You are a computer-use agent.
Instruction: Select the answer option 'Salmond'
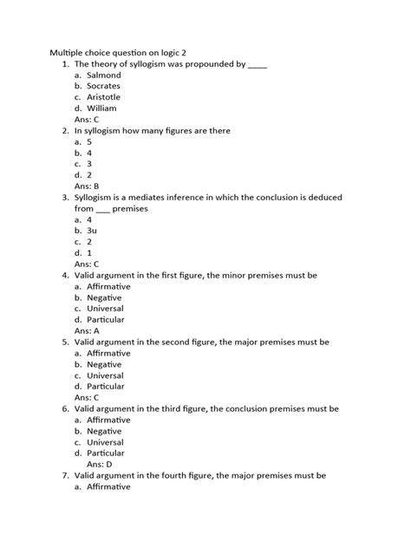103,75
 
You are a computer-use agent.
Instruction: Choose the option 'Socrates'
103,87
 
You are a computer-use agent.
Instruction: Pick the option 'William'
101,109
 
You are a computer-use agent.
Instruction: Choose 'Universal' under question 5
105,375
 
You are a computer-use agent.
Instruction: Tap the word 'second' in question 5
197,342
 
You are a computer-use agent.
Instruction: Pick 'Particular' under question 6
106,453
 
